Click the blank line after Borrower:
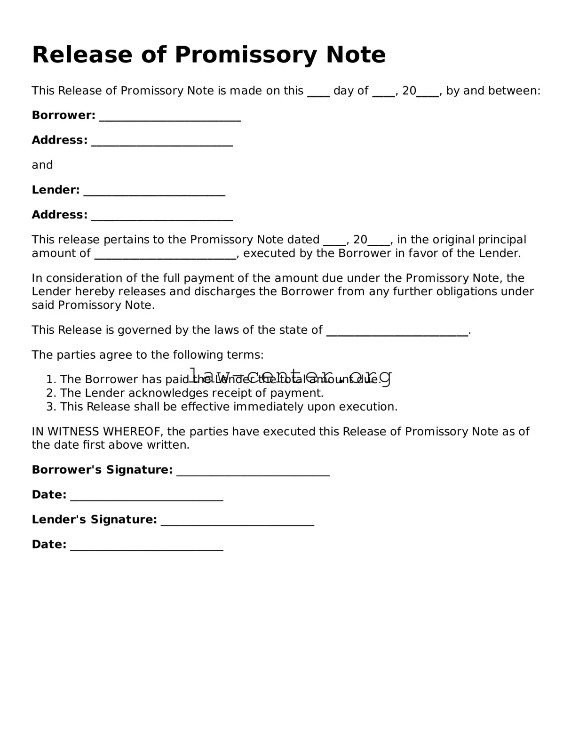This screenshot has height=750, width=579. (x=170, y=116)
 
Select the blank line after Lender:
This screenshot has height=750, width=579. (x=154, y=191)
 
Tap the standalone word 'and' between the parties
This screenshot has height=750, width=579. (x=42, y=165)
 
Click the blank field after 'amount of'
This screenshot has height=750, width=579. (x=165, y=254)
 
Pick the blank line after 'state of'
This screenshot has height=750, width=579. (x=397, y=331)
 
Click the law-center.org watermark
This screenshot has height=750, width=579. (x=290, y=376)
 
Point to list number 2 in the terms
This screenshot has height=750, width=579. (x=51, y=393)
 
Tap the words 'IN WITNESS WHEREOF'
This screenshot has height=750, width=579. (x=97, y=432)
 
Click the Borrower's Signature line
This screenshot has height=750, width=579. (x=253, y=471)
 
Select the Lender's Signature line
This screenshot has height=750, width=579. (x=237, y=521)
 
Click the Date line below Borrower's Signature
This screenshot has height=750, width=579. (x=146, y=496)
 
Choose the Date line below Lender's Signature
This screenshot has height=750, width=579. (x=146, y=546)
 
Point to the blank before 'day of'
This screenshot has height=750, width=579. (x=318, y=91)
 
